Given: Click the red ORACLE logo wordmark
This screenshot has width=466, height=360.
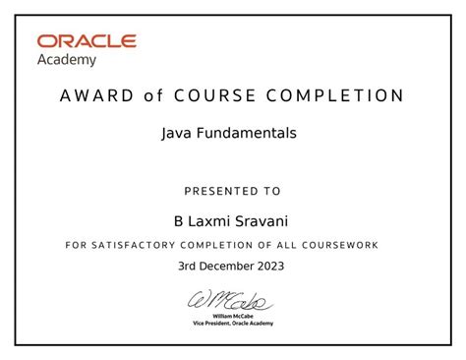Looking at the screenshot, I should [87, 41].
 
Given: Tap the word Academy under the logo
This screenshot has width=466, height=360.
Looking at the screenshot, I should [67, 59].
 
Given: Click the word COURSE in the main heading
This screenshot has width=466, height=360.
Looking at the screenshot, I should [213, 96].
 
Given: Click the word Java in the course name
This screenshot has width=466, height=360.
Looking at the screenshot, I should [175, 132].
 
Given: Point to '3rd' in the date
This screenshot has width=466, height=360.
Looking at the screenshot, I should [189, 266].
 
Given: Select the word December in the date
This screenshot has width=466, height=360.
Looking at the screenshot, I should [230, 266].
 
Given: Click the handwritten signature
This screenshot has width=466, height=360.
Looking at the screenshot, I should [232, 300].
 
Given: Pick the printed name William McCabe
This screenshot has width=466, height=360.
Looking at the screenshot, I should [233, 316].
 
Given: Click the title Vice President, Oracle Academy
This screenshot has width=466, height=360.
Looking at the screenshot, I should [233, 324].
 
